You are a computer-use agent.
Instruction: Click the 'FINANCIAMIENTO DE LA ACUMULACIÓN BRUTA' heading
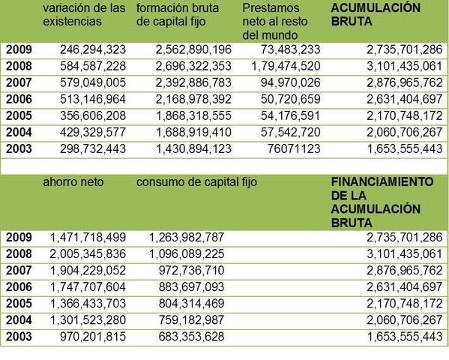pyautogui.click(x=382, y=202)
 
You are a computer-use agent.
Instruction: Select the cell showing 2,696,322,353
pyautogui.click(x=193, y=65)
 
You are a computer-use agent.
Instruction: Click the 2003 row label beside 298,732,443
pyautogui.click(x=19, y=148)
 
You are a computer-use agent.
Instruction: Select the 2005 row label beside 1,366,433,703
pyautogui.click(x=19, y=304)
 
